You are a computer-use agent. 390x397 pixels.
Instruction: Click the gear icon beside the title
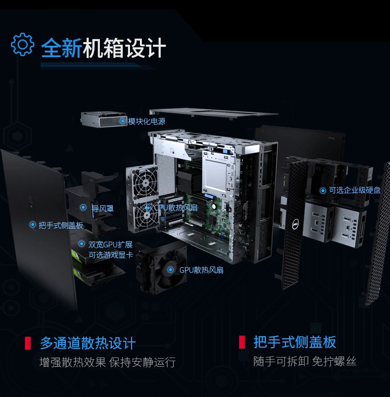22,44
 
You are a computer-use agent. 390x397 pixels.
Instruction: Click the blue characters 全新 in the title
61,48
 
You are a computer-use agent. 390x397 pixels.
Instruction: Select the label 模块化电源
147,121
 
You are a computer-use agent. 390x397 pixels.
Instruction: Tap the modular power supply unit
103,119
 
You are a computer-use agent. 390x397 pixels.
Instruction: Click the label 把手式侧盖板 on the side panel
61,225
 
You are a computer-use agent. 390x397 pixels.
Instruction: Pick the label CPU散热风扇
176,208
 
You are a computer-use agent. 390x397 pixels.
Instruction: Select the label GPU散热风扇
201,270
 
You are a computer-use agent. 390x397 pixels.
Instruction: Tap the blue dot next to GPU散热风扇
171,270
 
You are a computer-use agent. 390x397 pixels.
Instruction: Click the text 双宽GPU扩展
110,245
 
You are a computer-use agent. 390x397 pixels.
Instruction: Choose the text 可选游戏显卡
110,255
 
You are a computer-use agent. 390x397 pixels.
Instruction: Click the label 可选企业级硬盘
355,190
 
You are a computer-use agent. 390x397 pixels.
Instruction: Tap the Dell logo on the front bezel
295,224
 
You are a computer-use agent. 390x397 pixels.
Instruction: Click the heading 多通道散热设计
88,343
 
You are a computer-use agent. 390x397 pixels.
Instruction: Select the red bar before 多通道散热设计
28,343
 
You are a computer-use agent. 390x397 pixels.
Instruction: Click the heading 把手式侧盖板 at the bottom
295,342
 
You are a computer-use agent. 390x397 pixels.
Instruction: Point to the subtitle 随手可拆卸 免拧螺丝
305,361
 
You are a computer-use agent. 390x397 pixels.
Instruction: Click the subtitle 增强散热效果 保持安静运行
108,362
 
